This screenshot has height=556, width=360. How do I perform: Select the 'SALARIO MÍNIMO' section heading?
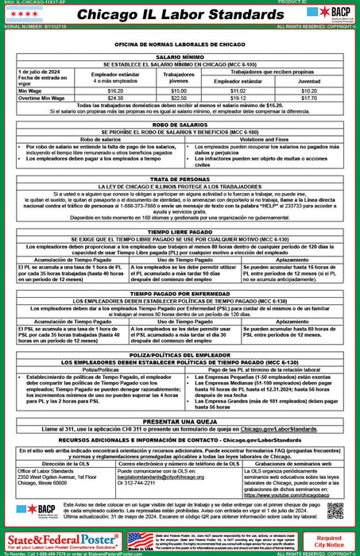[179, 58]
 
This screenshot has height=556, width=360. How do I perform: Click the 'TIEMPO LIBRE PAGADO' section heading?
[179, 231]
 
